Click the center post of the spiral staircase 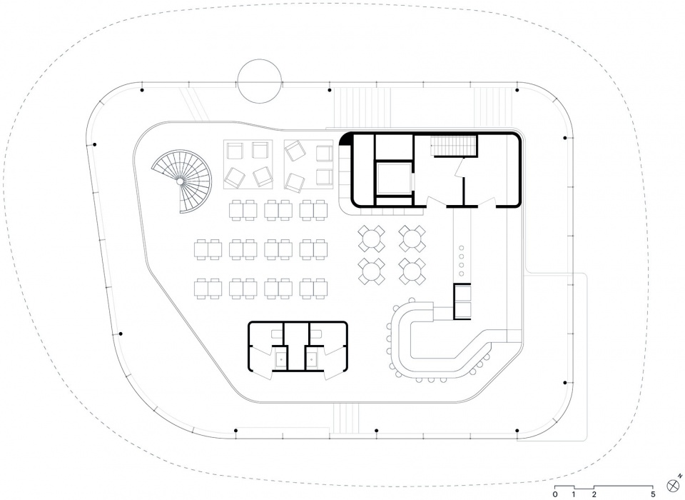[180, 181]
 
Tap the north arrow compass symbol [673, 485]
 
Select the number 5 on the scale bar [653, 495]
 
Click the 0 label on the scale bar [555, 495]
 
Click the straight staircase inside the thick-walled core [453, 146]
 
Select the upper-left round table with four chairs [371, 239]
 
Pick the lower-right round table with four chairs [412, 271]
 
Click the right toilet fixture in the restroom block [312, 359]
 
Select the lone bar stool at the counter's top [412, 300]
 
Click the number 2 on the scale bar [594, 495]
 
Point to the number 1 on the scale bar [574, 495]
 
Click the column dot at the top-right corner [517, 90]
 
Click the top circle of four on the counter [460, 248]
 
